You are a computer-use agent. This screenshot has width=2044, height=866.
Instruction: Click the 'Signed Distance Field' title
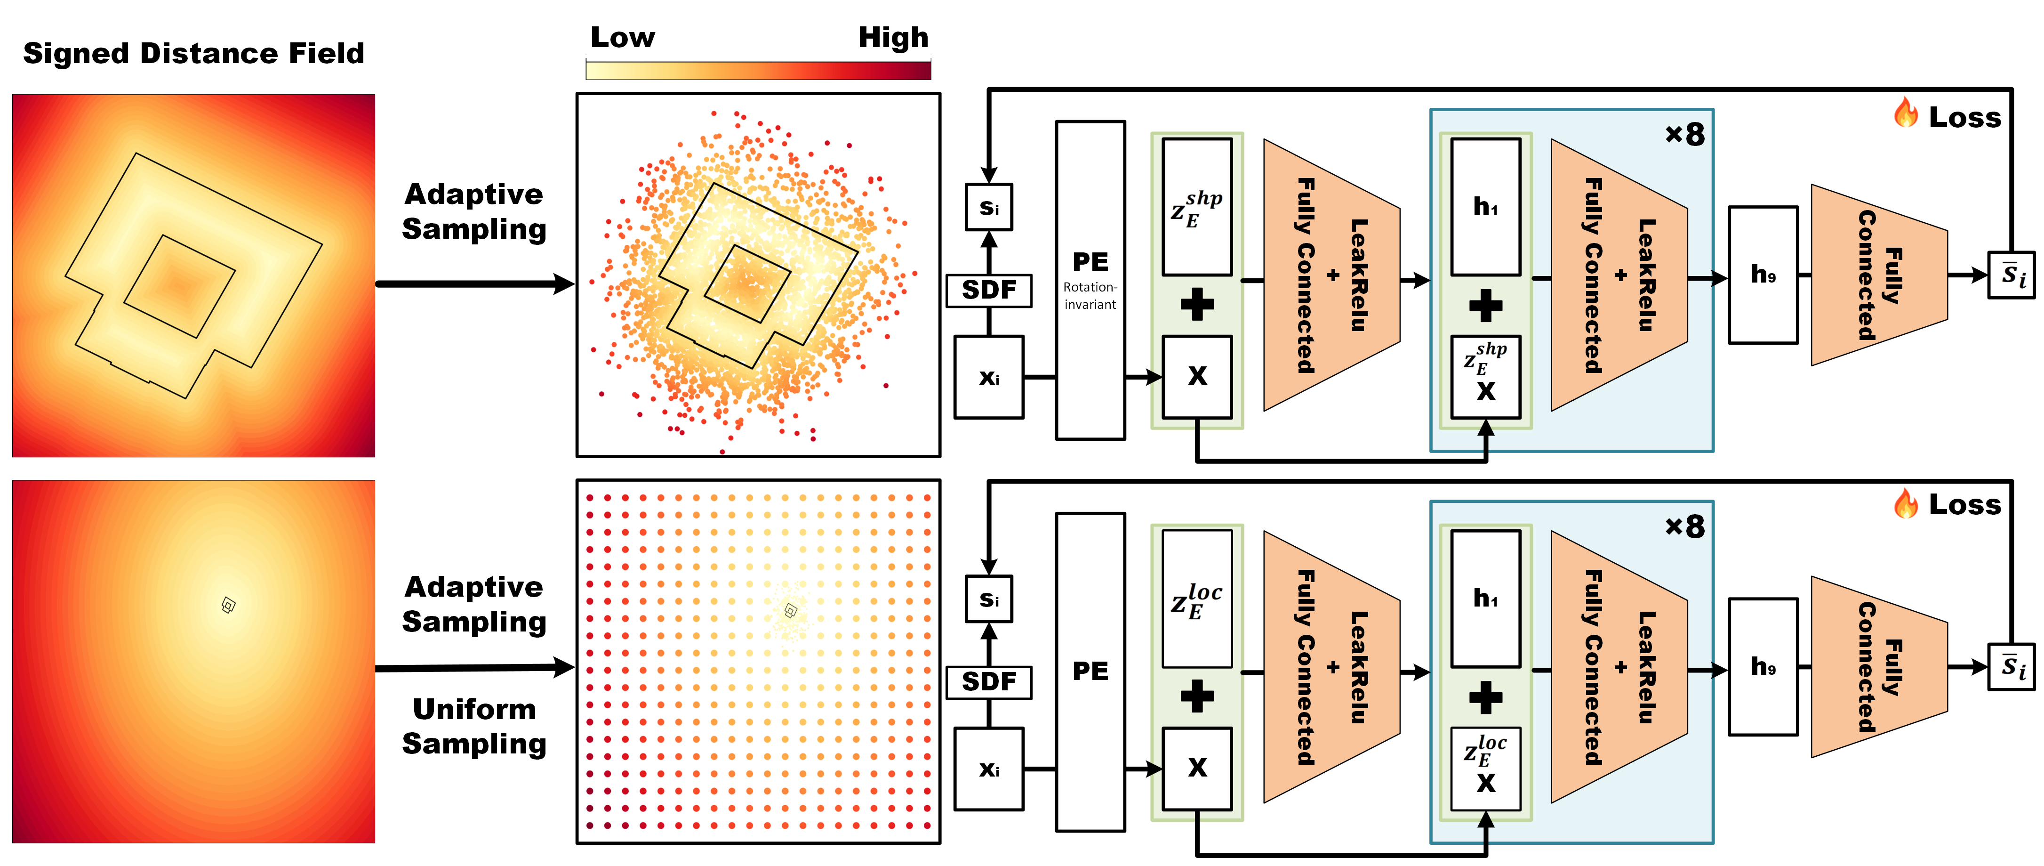(x=193, y=53)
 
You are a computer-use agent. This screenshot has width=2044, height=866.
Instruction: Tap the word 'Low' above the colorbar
(x=623, y=37)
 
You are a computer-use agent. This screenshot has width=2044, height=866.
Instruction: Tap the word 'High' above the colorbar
(x=893, y=37)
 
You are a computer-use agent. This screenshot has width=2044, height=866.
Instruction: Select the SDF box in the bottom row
(x=989, y=682)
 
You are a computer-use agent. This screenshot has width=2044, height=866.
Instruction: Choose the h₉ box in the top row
(x=1763, y=275)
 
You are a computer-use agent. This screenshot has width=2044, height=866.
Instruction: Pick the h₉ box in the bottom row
(x=1763, y=667)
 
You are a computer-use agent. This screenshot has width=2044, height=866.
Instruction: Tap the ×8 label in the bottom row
(x=1684, y=526)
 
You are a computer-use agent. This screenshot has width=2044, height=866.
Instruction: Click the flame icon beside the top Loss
(x=1906, y=113)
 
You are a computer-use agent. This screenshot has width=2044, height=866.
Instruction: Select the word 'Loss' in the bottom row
(x=1964, y=505)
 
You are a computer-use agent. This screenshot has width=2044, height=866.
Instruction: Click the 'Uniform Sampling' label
(x=474, y=726)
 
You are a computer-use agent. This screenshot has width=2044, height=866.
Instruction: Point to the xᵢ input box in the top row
(x=989, y=377)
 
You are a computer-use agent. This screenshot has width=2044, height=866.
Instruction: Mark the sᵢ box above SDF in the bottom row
(x=989, y=599)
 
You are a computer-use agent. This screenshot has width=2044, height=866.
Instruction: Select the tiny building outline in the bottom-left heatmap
(x=229, y=606)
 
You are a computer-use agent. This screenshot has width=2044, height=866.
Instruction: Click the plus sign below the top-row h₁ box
(x=1485, y=306)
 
